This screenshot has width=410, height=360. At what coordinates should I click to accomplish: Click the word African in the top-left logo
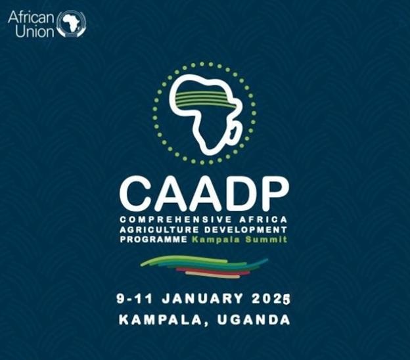31,18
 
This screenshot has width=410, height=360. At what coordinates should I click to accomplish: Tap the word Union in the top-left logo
34,32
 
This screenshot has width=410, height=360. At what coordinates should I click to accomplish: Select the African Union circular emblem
72,24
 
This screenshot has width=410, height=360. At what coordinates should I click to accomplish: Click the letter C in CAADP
136,193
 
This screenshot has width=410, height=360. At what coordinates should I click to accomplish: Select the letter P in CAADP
273,193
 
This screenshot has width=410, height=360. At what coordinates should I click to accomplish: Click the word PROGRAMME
154,239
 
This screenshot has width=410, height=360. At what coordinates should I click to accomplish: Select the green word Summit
266,239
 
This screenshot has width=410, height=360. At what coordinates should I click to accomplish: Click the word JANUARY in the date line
202,299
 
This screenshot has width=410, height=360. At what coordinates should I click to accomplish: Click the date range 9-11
134,299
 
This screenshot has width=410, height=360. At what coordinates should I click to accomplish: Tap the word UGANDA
254,320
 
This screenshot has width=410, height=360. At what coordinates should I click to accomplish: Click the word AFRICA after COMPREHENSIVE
263,219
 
